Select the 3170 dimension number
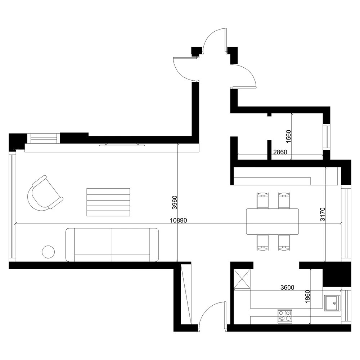[323, 214]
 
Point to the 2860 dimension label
[280, 152]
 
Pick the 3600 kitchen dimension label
[287, 287]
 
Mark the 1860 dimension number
[307, 297]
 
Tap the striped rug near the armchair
[108, 202]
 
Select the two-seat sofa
[112, 245]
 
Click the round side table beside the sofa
[49, 252]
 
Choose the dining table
[273, 221]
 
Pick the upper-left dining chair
[262, 200]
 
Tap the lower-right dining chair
[284, 242]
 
